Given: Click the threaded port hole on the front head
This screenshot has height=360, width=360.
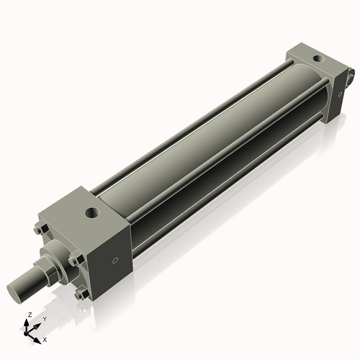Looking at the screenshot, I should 92,213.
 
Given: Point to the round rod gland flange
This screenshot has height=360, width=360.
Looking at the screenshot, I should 58,258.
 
